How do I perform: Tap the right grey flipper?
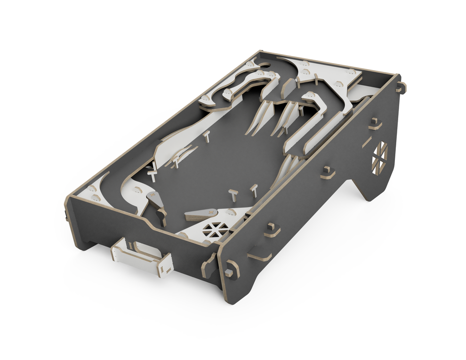198,215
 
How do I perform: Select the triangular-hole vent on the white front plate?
217,229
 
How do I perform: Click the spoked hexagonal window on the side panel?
379,156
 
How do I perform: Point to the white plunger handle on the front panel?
142,257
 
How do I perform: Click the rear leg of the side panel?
377,186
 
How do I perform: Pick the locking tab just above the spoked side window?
375,124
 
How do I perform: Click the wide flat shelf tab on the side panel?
260,256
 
